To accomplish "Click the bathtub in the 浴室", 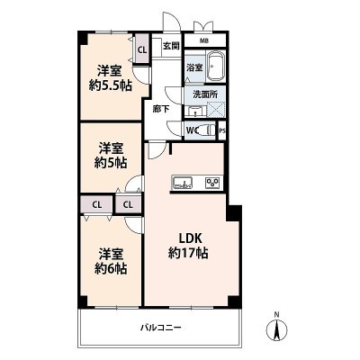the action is point(215,67).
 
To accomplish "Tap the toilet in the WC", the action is point(208,130).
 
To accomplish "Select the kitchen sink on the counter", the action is point(183,183).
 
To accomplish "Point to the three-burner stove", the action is point(212,183).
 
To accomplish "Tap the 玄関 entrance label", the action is point(171,46).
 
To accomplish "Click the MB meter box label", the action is point(205,40).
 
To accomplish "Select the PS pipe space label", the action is point(222,130).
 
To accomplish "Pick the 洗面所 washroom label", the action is point(205,94).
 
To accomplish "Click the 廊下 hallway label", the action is point(161,109).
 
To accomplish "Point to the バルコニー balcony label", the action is point(161,327).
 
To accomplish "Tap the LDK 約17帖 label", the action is point(188,246).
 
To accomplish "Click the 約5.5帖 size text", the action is point(111,86).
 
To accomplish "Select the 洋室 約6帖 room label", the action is point(111,261).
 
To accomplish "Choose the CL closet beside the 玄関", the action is point(142,49).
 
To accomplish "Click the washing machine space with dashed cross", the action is point(216,108).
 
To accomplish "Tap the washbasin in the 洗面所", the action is point(195,112).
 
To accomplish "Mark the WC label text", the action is point(193,130).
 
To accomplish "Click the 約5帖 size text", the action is point(111,163).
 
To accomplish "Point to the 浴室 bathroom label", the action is point(194,67).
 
